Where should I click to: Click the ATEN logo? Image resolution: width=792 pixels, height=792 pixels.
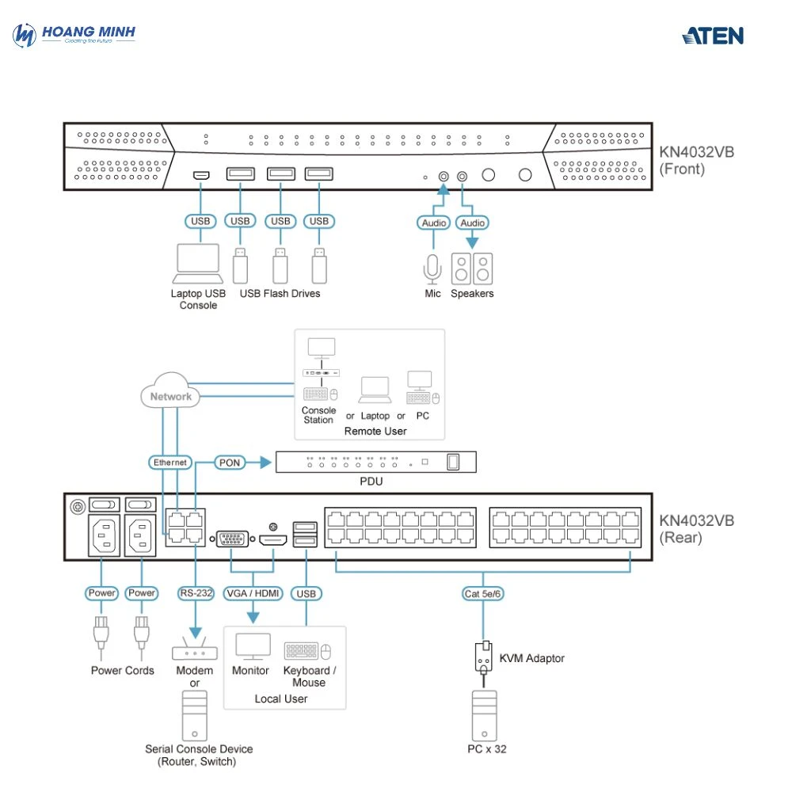713,36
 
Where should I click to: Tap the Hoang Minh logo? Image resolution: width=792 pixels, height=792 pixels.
74,35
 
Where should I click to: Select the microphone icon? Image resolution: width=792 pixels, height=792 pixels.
432,268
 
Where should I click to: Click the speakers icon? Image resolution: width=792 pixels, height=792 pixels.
471,268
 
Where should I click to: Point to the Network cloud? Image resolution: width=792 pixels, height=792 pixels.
170,396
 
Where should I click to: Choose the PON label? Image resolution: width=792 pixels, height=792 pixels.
229,462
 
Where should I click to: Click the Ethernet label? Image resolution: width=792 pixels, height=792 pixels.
170,462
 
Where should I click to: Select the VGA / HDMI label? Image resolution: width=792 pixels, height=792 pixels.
252,593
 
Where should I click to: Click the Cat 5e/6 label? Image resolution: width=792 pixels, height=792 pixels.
483,593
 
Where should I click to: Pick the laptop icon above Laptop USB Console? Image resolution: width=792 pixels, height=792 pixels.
197,263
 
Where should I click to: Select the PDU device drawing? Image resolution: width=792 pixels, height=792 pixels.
376,461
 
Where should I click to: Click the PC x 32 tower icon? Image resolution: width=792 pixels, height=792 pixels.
484,714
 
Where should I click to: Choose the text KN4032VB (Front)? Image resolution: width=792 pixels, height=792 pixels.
696,160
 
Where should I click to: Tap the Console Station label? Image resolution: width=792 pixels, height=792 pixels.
318,415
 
